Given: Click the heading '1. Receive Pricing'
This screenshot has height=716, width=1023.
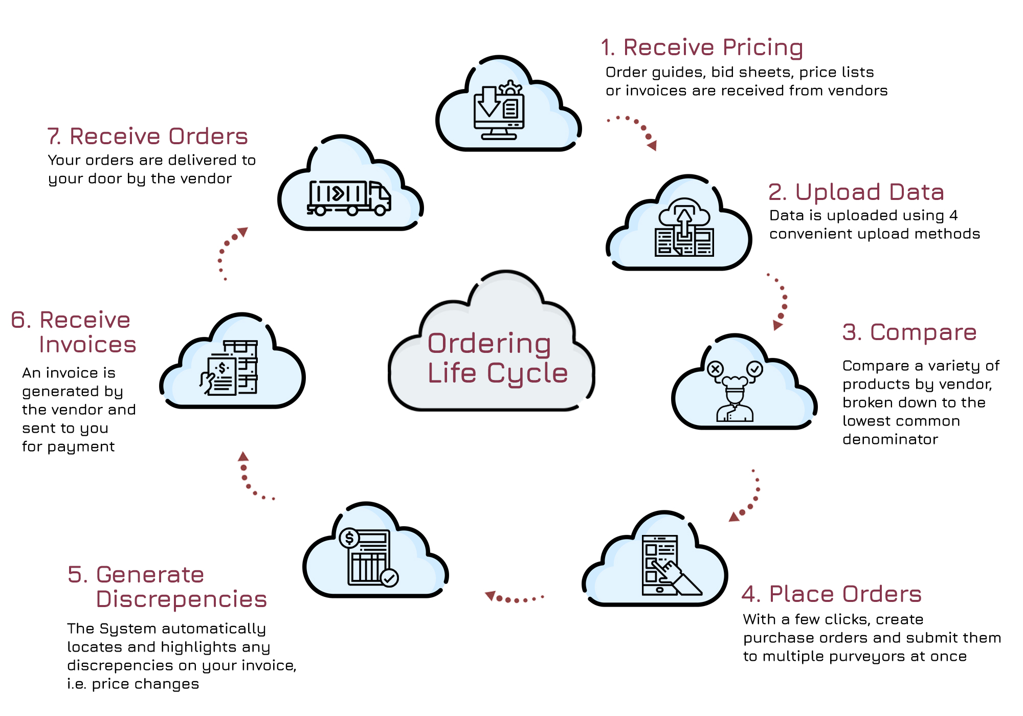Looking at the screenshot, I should pyautogui.click(x=702, y=48).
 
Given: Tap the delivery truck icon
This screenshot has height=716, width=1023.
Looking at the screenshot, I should pyautogui.click(x=349, y=198).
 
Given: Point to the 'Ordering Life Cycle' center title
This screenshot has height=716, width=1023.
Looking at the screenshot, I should pyautogui.click(x=497, y=358).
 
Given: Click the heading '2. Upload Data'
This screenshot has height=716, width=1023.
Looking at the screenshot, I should pyautogui.click(x=856, y=192).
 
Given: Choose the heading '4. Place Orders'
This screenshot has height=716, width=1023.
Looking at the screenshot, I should pyautogui.click(x=831, y=594).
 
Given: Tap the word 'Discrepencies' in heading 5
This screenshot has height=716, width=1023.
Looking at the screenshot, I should pyautogui.click(x=181, y=599).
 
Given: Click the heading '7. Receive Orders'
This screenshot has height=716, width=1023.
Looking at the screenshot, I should pyautogui.click(x=147, y=137).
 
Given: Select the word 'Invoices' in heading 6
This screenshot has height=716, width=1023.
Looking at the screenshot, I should pyautogui.click(x=87, y=345).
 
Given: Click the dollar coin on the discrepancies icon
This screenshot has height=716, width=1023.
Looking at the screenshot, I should pyautogui.click(x=349, y=538).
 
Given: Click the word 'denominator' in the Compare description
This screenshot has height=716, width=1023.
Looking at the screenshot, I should pyautogui.click(x=890, y=439).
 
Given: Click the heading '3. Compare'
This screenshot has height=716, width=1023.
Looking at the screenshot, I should pyautogui.click(x=909, y=332).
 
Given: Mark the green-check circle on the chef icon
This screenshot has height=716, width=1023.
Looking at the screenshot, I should pyautogui.click(x=754, y=368).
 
